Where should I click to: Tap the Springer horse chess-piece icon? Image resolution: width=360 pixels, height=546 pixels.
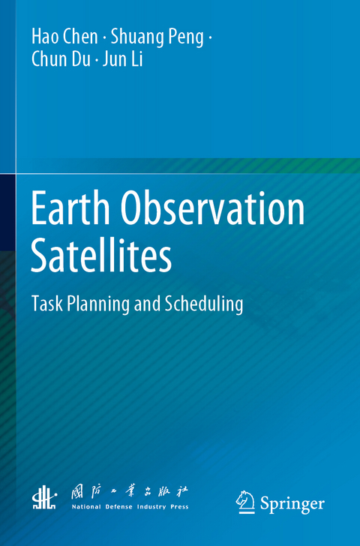[244, 502]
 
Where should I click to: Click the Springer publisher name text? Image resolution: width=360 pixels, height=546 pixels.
[292, 503]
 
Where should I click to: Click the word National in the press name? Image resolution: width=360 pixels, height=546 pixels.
[86, 508]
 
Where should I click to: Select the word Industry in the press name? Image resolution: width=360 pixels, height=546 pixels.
[152, 508]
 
